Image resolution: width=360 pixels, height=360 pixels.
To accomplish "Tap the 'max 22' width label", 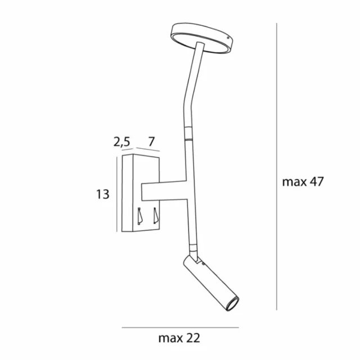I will click(x=179, y=338).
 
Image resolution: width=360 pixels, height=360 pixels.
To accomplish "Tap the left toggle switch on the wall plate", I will click(x=139, y=217).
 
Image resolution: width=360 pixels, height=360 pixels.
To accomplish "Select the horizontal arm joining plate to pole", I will click(x=163, y=191).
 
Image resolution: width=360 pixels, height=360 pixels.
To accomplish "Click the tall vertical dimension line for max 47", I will click(x=277, y=169).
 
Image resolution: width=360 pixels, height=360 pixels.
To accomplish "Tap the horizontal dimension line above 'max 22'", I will click(x=180, y=327).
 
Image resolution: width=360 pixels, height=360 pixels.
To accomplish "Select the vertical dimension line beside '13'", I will click(x=116, y=194).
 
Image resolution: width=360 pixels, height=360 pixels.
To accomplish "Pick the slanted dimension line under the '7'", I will click(x=147, y=151).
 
